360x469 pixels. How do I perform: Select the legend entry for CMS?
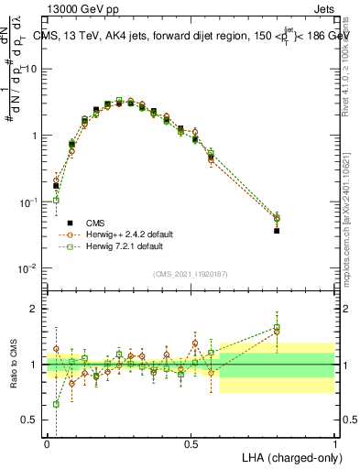pyautogui.click(x=95, y=223)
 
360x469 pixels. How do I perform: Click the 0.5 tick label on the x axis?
pyautogui.click(x=191, y=443)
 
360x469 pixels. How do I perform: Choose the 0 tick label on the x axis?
pyautogui.click(x=48, y=443)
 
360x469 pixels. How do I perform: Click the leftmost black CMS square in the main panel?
pyautogui.click(x=56, y=186)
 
